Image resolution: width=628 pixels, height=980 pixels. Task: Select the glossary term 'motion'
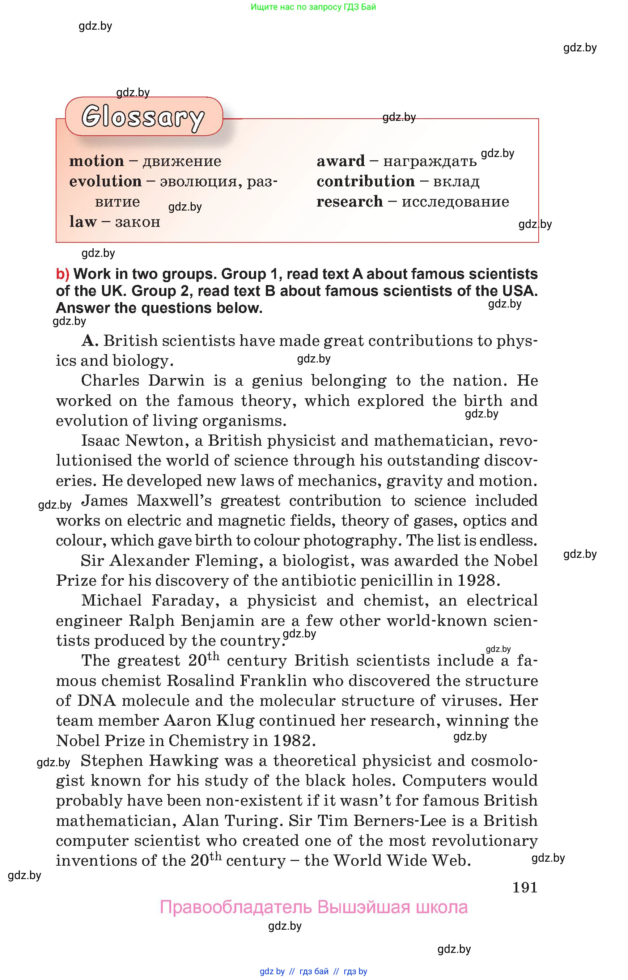click(97, 161)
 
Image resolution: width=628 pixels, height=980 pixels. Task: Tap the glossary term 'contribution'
click(365, 181)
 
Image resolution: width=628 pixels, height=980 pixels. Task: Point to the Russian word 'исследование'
click(455, 201)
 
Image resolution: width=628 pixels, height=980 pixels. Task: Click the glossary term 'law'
click(83, 221)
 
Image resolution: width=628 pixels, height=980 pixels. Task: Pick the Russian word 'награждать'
click(430, 161)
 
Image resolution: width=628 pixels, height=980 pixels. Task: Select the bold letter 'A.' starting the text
click(90, 340)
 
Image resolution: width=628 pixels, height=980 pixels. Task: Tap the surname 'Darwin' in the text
click(176, 380)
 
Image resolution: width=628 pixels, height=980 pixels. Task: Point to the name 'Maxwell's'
click(174, 500)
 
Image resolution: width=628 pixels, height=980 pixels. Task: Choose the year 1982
click(293, 740)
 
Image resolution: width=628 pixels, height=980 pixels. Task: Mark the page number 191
click(525, 887)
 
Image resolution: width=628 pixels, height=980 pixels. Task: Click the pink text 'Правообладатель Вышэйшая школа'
click(314, 907)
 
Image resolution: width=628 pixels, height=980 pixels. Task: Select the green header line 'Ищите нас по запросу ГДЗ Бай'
click(313, 7)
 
